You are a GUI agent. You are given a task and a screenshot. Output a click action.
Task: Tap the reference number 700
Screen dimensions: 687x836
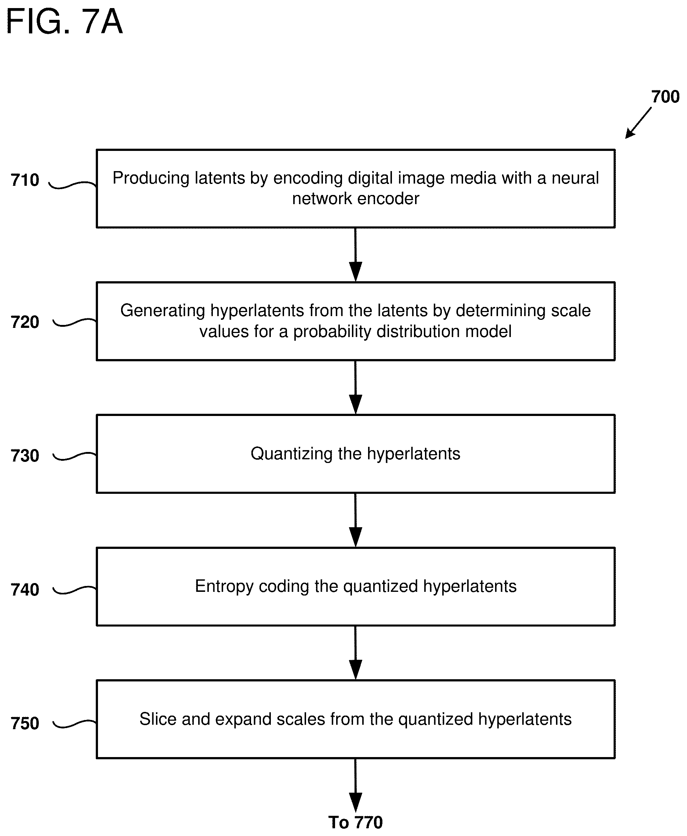coord(665,97)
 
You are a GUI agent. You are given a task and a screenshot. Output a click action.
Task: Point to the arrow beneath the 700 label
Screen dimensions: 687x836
coord(638,123)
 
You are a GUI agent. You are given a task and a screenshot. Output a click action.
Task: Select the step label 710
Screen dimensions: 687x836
coord(25,180)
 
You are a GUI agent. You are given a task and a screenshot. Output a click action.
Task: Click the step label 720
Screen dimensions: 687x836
coord(25,322)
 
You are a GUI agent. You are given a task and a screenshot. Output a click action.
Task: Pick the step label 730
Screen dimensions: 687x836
coord(25,456)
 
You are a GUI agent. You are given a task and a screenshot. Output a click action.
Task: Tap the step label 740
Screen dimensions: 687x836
coord(25,590)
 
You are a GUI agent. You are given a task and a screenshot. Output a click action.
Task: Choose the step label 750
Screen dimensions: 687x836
coord(25,724)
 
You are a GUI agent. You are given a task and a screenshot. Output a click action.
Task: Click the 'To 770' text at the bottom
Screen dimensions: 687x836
coord(355,822)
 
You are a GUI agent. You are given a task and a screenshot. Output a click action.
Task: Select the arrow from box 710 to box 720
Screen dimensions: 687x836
coord(355,254)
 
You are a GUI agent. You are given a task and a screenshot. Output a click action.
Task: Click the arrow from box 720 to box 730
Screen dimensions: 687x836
coord(355,387)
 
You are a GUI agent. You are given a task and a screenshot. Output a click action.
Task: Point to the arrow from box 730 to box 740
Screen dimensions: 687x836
coord(355,520)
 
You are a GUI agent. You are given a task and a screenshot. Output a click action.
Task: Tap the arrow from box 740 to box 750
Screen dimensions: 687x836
coord(355,653)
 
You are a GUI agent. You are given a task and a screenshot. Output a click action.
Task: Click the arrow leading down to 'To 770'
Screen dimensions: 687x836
coord(355,786)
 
